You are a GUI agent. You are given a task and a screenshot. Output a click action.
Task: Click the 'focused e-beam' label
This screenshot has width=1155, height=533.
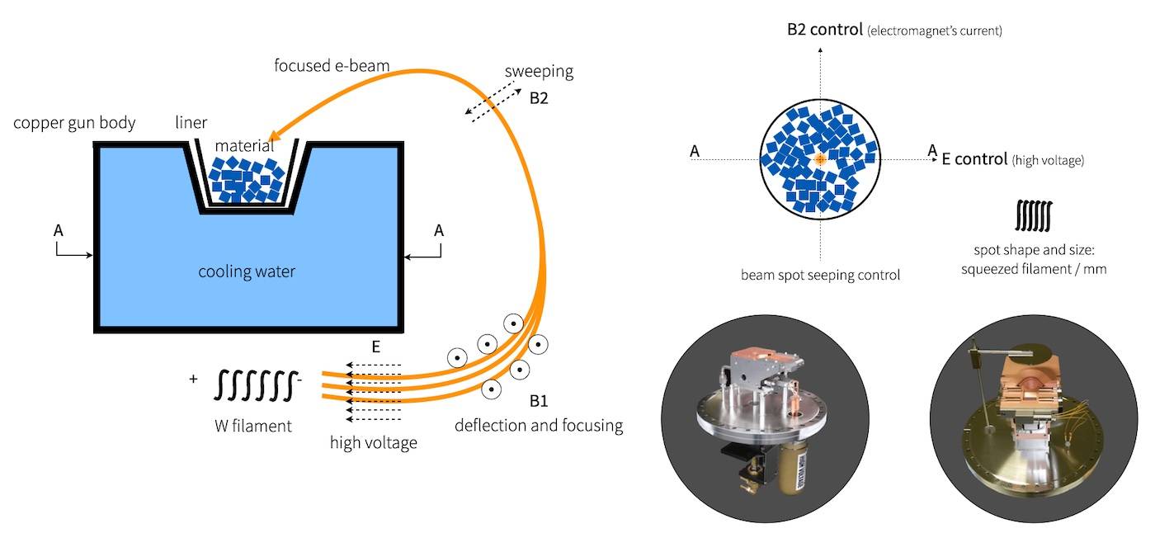click(x=332, y=64)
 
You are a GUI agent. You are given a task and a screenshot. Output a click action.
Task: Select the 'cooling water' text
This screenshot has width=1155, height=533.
click(x=247, y=271)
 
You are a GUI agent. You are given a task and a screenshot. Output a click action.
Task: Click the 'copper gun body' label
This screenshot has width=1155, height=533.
click(x=74, y=123)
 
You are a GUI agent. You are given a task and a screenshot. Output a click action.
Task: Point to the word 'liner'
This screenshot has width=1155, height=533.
click(x=191, y=123)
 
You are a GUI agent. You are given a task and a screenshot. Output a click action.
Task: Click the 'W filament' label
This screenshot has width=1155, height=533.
click(x=252, y=427)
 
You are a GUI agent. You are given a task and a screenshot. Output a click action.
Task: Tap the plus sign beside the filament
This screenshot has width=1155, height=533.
click(x=194, y=379)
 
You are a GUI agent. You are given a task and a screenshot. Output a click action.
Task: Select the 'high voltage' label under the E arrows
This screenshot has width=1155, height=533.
click(x=373, y=442)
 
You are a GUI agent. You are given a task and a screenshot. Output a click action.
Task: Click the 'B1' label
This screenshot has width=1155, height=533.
click(x=538, y=402)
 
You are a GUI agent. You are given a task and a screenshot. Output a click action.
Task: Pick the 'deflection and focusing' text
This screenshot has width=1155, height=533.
click(x=538, y=426)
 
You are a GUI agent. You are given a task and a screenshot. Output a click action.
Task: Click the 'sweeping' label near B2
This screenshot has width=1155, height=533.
click(x=540, y=72)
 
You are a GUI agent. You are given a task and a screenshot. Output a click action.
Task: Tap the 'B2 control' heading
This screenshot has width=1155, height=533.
click(x=824, y=31)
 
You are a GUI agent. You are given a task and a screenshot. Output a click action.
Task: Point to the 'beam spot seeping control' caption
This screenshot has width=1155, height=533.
click(x=819, y=274)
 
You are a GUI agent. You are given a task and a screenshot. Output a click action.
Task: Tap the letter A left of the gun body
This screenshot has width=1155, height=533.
click(x=58, y=231)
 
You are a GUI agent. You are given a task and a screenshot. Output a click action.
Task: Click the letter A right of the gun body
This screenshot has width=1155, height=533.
click(x=439, y=231)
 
